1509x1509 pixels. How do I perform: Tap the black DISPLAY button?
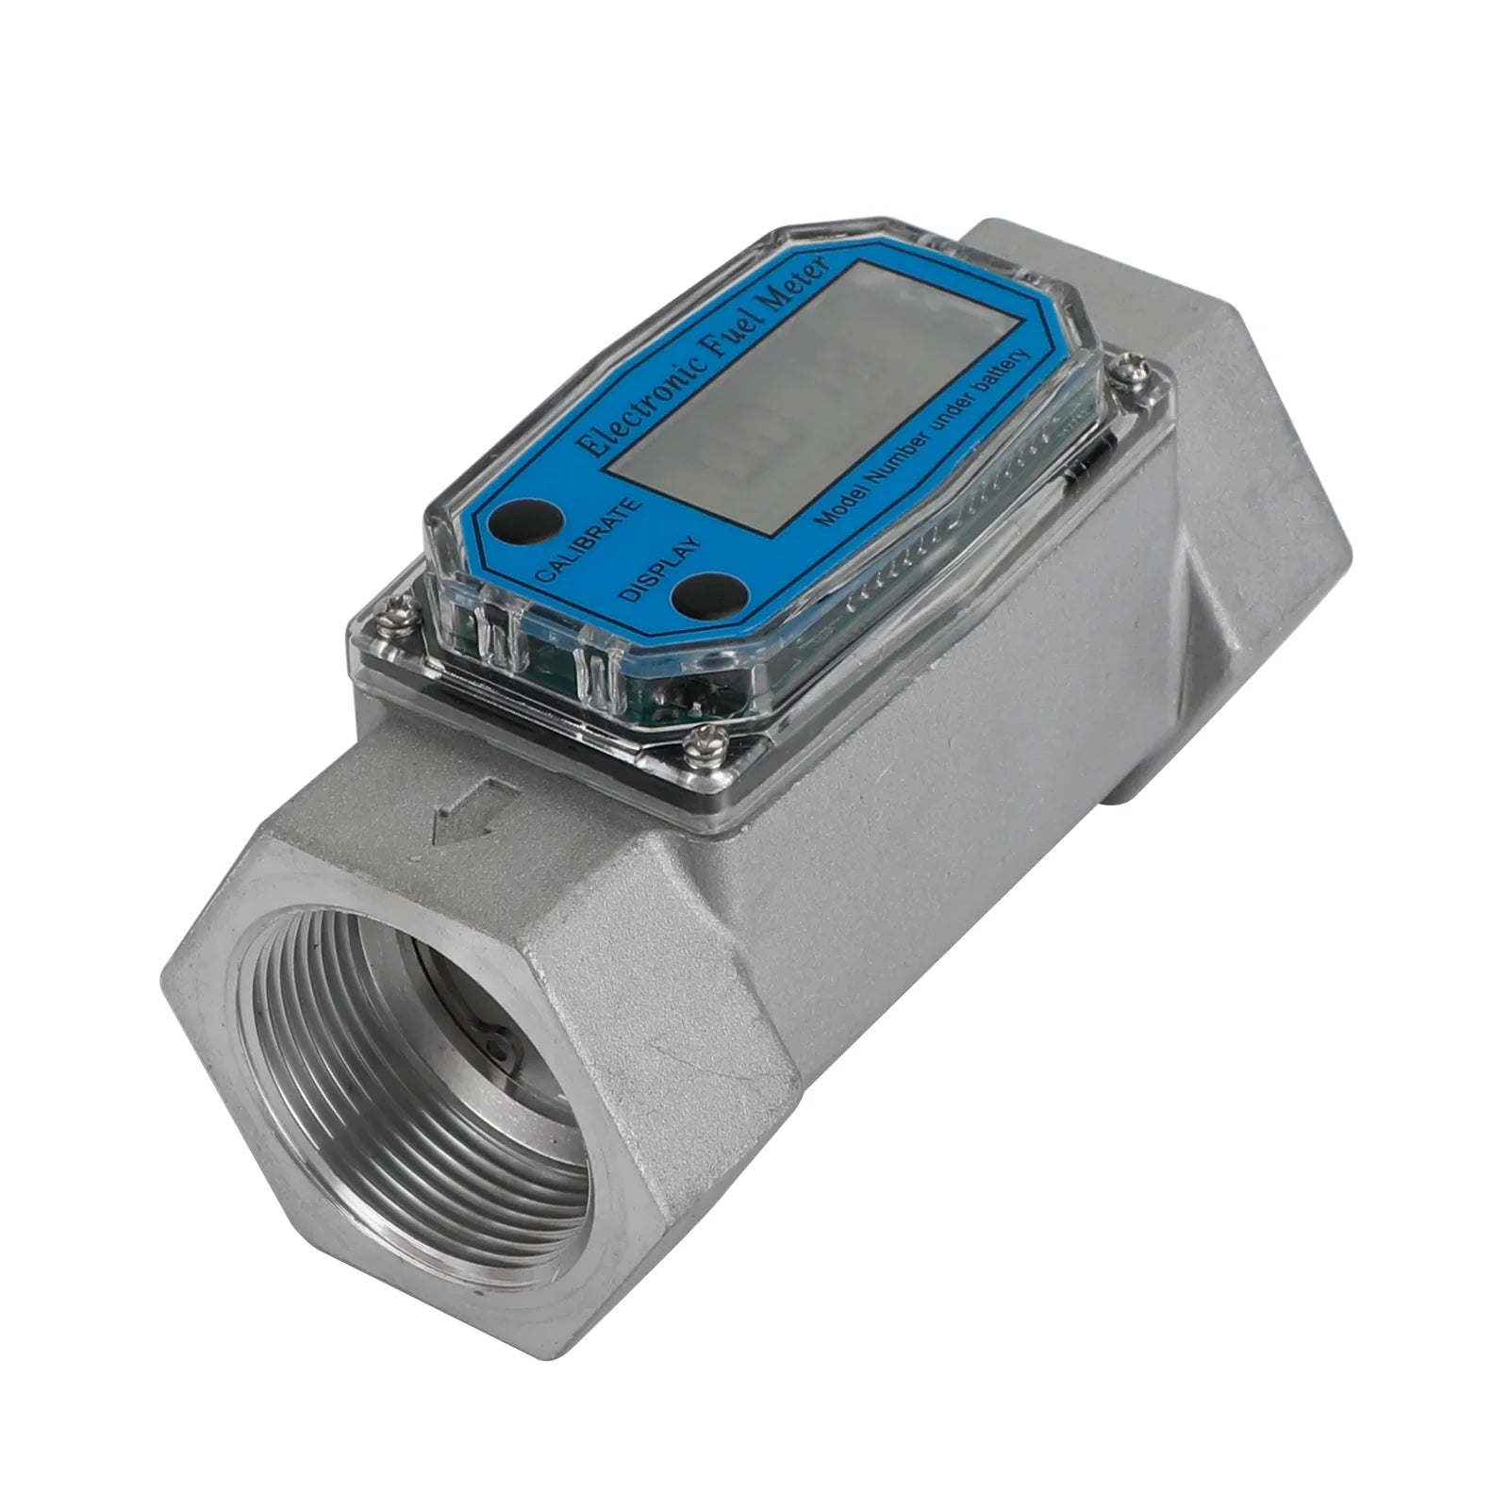[x=701, y=594]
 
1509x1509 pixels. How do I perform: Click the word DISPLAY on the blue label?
[x=660, y=567]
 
